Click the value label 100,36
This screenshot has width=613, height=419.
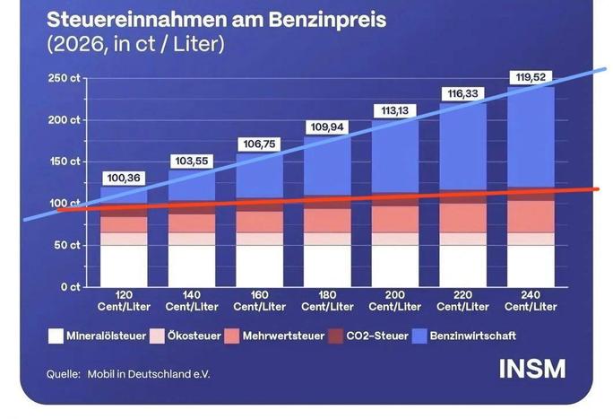[125, 178]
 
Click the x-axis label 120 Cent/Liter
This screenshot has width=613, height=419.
[125, 300]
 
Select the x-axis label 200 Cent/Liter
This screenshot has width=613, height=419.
[396, 300]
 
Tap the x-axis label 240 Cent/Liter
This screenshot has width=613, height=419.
[531, 300]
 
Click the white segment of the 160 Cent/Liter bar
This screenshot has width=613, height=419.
[260, 266]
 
